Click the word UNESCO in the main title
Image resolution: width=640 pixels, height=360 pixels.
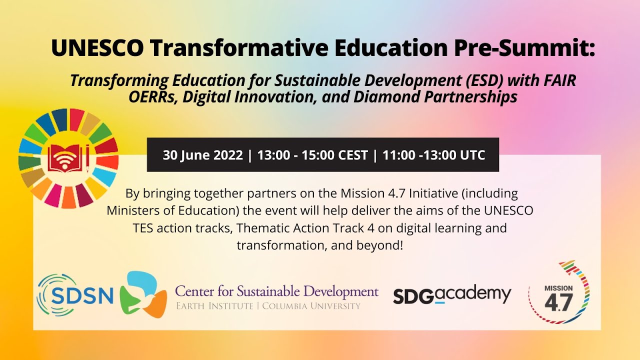[x=97, y=48]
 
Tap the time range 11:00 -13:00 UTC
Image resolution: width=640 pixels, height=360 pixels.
[x=433, y=155]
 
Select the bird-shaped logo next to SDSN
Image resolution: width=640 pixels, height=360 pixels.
[x=143, y=295]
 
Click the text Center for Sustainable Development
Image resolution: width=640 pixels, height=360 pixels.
[x=276, y=291]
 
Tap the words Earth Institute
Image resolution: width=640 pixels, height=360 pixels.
[x=214, y=306]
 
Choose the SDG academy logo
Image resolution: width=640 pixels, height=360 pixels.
[x=452, y=295]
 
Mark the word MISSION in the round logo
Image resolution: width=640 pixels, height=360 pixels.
[x=558, y=288]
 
